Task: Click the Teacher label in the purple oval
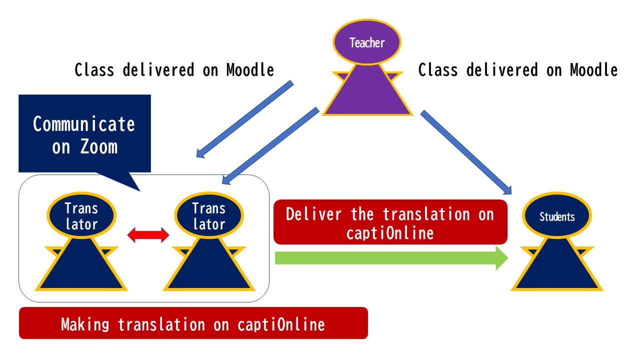point(367,43)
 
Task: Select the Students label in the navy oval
point(557,217)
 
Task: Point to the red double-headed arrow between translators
point(148,235)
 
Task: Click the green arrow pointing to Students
point(391,258)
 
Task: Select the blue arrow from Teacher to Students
point(466,152)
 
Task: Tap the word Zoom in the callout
point(99,147)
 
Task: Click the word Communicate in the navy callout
point(83,124)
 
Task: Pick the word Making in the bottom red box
point(85,325)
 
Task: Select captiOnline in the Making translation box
point(281,325)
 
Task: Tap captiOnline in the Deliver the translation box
point(390,233)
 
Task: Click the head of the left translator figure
point(81,215)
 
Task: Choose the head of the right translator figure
point(209,215)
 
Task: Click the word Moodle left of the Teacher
point(250,70)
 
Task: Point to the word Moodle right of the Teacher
point(593,70)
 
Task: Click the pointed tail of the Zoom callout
point(139,191)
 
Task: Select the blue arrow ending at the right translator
point(270,145)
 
